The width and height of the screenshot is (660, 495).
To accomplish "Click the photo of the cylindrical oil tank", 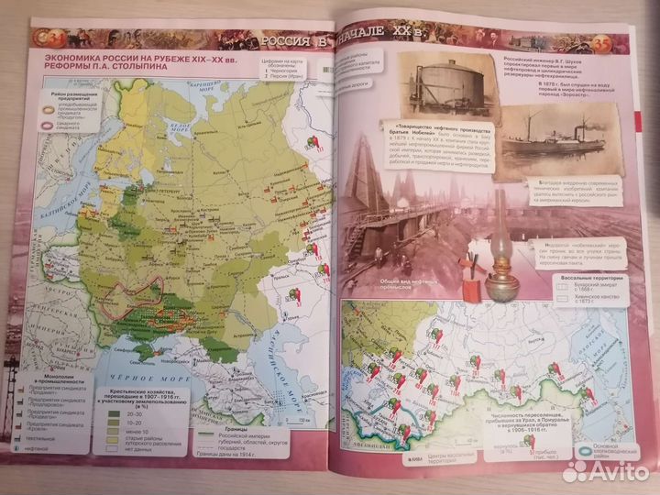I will (447, 86).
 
